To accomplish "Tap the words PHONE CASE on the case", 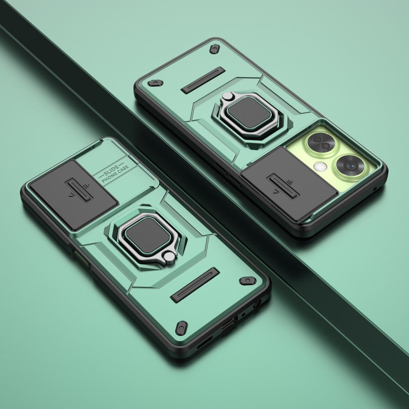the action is point(115,173).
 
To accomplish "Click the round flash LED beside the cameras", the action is point(320,166).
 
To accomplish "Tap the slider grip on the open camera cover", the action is point(283,186).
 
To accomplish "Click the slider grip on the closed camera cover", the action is point(79,190).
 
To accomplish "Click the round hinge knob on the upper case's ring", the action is point(227,96).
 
